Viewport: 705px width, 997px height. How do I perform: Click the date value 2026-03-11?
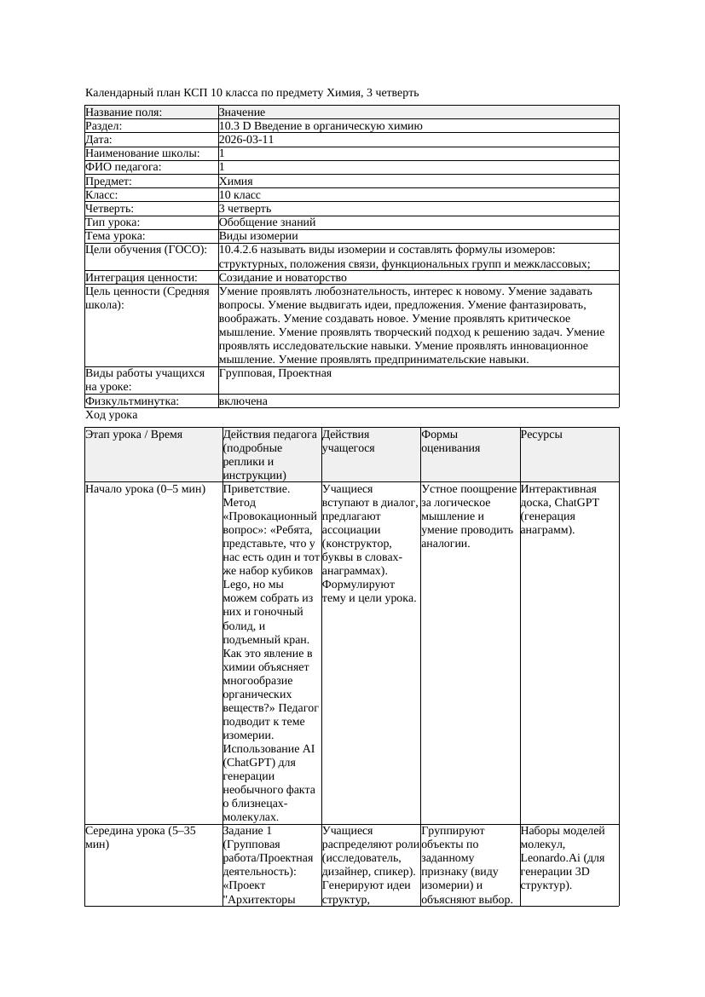pyautogui.click(x=246, y=140)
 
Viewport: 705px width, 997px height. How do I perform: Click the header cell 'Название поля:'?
pyautogui.click(x=124, y=112)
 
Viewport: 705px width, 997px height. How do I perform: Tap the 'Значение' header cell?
pyautogui.click(x=242, y=112)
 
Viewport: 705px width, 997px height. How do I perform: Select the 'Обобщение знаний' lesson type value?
pyautogui.click(x=267, y=222)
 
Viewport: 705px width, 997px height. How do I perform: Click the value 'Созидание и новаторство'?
pyautogui.click(x=282, y=278)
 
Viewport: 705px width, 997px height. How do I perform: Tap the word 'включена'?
pyautogui.click(x=243, y=401)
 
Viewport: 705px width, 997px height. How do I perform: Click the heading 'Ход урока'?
pyautogui.click(x=112, y=415)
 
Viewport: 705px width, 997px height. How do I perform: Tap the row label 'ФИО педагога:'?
pyautogui.click(x=124, y=167)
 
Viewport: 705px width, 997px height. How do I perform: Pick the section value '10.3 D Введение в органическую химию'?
pyautogui.click(x=321, y=126)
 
